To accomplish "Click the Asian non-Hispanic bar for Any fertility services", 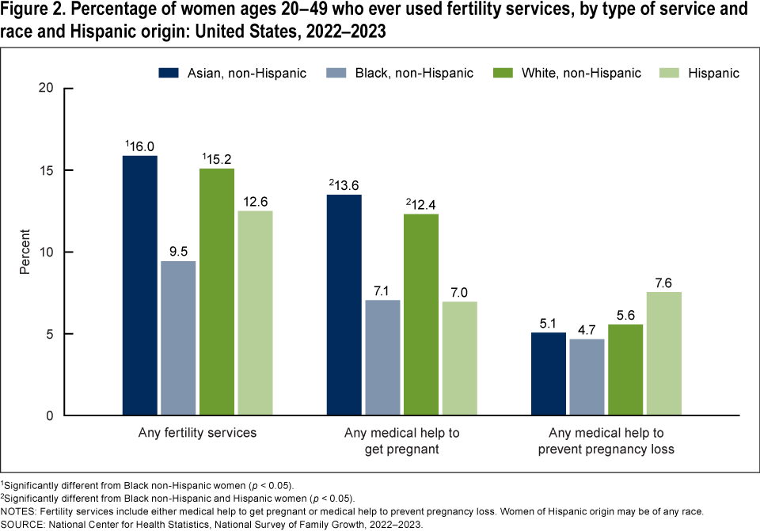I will [x=139, y=285].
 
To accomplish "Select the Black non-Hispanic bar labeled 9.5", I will [x=178, y=338].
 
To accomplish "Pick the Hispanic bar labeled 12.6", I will [x=255, y=313].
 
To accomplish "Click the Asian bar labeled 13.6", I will [x=345, y=305].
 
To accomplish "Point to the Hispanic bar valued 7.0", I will [x=460, y=358].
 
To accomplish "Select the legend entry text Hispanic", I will [x=713, y=73].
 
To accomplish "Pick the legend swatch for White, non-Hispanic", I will [x=502, y=73].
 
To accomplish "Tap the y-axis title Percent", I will [x=25, y=252].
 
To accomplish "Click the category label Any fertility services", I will [x=197, y=434].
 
